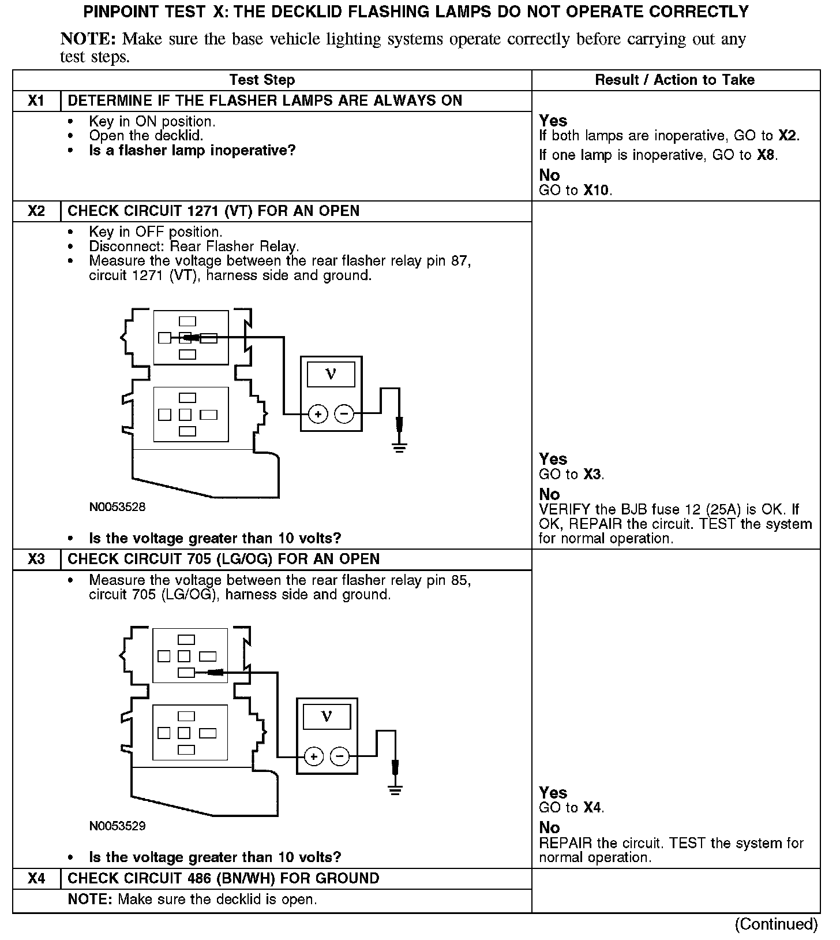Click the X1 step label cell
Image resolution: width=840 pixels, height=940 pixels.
click(36, 101)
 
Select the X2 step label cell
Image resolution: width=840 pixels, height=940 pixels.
click(36, 211)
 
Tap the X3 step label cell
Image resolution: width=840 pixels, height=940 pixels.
click(36, 559)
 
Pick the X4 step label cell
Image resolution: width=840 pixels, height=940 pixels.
click(36, 879)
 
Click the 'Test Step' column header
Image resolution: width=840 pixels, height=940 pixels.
click(262, 80)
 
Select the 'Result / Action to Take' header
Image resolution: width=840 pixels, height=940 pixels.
click(674, 80)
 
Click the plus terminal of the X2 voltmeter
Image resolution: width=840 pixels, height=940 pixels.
click(318, 413)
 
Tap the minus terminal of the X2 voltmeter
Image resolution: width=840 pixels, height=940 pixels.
click(344, 413)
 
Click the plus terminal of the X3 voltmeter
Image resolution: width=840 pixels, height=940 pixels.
click(313, 756)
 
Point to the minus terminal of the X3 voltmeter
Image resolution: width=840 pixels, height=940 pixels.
click(340, 756)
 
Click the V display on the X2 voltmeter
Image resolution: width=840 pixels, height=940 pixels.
click(331, 374)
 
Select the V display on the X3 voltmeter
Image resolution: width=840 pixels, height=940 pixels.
click(327, 717)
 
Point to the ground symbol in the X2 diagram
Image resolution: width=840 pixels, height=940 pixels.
click(399, 446)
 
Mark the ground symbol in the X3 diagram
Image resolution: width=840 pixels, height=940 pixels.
click(395, 789)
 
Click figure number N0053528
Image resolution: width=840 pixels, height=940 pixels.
click(117, 508)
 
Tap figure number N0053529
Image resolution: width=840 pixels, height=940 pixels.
click(117, 826)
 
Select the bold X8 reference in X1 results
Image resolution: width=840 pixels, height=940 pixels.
click(766, 155)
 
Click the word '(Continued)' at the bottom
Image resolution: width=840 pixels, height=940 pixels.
click(776, 924)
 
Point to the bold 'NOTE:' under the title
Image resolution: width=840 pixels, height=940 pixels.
click(89, 39)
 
